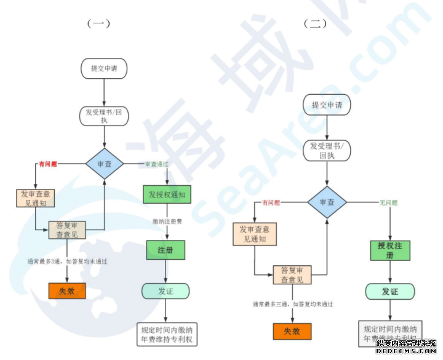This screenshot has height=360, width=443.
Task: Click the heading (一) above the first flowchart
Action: [x=98, y=24]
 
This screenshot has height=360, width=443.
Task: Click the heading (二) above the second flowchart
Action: [x=315, y=24]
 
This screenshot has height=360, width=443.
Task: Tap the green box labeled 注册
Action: [x=166, y=250]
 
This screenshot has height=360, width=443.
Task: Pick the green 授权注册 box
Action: [x=389, y=250]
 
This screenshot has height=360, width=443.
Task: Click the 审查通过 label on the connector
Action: [x=156, y=164]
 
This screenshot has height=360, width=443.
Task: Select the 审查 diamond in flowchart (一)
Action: [x=104, y=164]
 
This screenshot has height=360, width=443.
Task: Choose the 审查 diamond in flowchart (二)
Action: [x=327, y=202]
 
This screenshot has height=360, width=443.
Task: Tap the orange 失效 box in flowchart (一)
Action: [x=66, y=290]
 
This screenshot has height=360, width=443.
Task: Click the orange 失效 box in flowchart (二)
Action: [x=292, y=331]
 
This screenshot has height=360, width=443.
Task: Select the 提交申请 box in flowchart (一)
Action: [x=104, y=68]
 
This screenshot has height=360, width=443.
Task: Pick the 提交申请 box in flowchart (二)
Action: [x=327, y=105]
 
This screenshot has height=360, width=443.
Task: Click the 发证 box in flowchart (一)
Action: [x=166, y=290]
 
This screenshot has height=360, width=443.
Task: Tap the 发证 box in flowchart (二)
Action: [x=389, y=291]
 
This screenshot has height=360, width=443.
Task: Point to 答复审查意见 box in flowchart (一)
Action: [x=68, y=230]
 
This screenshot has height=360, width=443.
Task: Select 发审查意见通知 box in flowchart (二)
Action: [x=253, y=234]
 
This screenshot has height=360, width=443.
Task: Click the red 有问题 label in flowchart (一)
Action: [x=48, y=164]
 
